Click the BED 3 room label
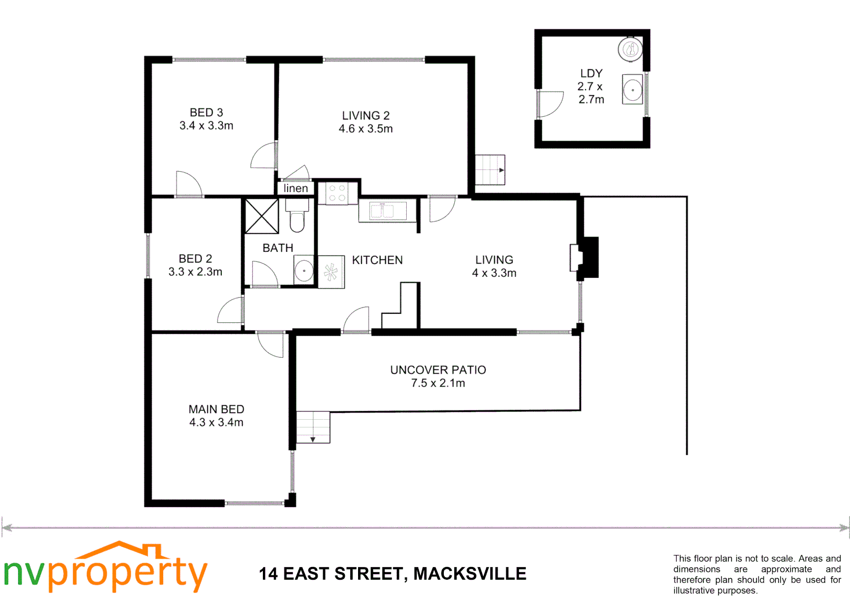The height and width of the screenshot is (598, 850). (206, 112)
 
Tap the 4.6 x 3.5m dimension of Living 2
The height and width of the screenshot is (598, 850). (366, 129)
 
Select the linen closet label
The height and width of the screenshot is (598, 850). (296, 188)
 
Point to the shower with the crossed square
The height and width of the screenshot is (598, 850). (262, 216)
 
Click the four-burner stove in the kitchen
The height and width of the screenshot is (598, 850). (337, 193)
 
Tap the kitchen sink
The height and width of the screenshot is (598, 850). (382, 211)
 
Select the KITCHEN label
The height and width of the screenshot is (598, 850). (377, 260)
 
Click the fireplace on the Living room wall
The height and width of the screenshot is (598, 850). (587, 257)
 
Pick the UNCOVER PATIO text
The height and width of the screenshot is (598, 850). (438, 370)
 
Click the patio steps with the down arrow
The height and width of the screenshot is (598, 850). (313, 427)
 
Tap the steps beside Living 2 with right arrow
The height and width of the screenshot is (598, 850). (490, 170)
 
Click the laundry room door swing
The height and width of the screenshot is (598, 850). (550, 104)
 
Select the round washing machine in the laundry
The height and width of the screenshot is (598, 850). (630, 50)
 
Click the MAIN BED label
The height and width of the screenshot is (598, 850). (216, 409)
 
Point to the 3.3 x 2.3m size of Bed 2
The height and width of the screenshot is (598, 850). (195, 272)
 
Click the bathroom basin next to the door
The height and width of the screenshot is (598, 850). (304, 271)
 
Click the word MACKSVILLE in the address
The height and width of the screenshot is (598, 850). (470, 574)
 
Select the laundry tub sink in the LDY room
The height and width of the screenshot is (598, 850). (633, 89)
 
